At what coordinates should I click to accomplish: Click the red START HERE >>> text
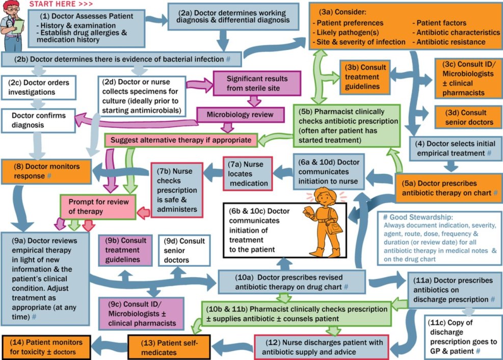[60, 4]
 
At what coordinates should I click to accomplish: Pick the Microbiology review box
[239, 114]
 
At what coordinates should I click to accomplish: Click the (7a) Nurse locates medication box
[248, 173]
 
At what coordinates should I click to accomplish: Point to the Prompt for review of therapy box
[97, 207]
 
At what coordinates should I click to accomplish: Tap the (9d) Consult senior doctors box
[184, 250]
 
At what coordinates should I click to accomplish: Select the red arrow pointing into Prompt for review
[145, 212]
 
